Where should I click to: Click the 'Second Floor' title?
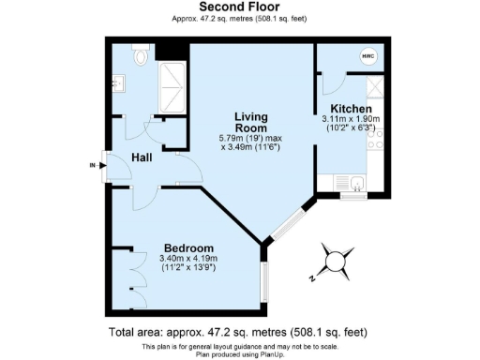pyautogui.click(x=239, y=7)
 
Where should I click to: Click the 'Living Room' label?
pyautogui.click(x=250, y=123)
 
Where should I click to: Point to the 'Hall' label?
pyautogui.click(x=142, y=157)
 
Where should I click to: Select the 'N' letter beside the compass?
pyautogui.click(x=313, y=278)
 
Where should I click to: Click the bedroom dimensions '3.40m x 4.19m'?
pyautogui.click(x=188, y=259)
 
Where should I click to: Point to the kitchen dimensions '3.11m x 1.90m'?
pyautogui.click(x=350, y=120)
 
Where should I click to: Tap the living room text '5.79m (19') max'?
pyautogui.click(x=250, y=138)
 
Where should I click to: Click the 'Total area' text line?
pyautogui.click(x=239, y=332)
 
